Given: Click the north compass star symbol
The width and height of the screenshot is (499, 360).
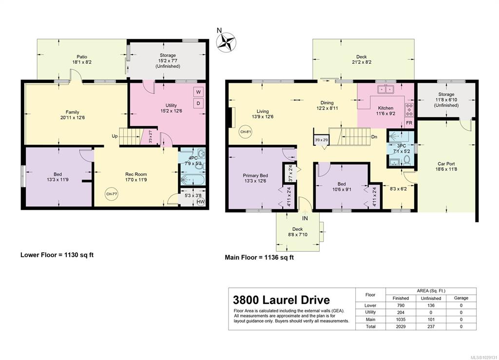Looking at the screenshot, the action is click(226, 42).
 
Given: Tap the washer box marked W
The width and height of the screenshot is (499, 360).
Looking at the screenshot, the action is click(198, 92).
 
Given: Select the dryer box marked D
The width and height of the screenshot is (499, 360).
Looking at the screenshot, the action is click(198, 103).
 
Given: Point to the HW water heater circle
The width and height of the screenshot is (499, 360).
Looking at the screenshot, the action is click(200, 202).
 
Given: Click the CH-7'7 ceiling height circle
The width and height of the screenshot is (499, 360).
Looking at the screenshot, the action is click(112, 194).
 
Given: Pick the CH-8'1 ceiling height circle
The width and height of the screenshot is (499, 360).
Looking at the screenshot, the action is click(246, 132).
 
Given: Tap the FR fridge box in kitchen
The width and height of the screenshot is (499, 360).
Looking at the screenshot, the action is click(409, 123).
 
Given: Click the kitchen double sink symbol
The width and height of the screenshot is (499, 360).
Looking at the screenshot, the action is click(386, 89).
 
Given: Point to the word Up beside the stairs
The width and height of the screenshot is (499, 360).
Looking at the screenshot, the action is click(115, 136).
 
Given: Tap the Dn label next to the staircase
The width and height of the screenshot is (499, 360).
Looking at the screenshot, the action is click(374, 137).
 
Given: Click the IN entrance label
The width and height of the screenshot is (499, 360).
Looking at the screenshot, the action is click(305, 218).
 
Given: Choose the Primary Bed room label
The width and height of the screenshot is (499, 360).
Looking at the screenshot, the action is click(255, 175).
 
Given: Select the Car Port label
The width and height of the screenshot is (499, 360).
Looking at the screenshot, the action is click(446, 164).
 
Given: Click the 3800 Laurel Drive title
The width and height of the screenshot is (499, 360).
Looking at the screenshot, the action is click(281, 300).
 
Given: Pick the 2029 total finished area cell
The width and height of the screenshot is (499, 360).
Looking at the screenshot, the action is click(401, 326).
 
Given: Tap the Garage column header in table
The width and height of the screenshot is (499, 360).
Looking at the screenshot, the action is click(461, 298).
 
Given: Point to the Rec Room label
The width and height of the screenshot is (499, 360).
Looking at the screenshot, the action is click(136, 174).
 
